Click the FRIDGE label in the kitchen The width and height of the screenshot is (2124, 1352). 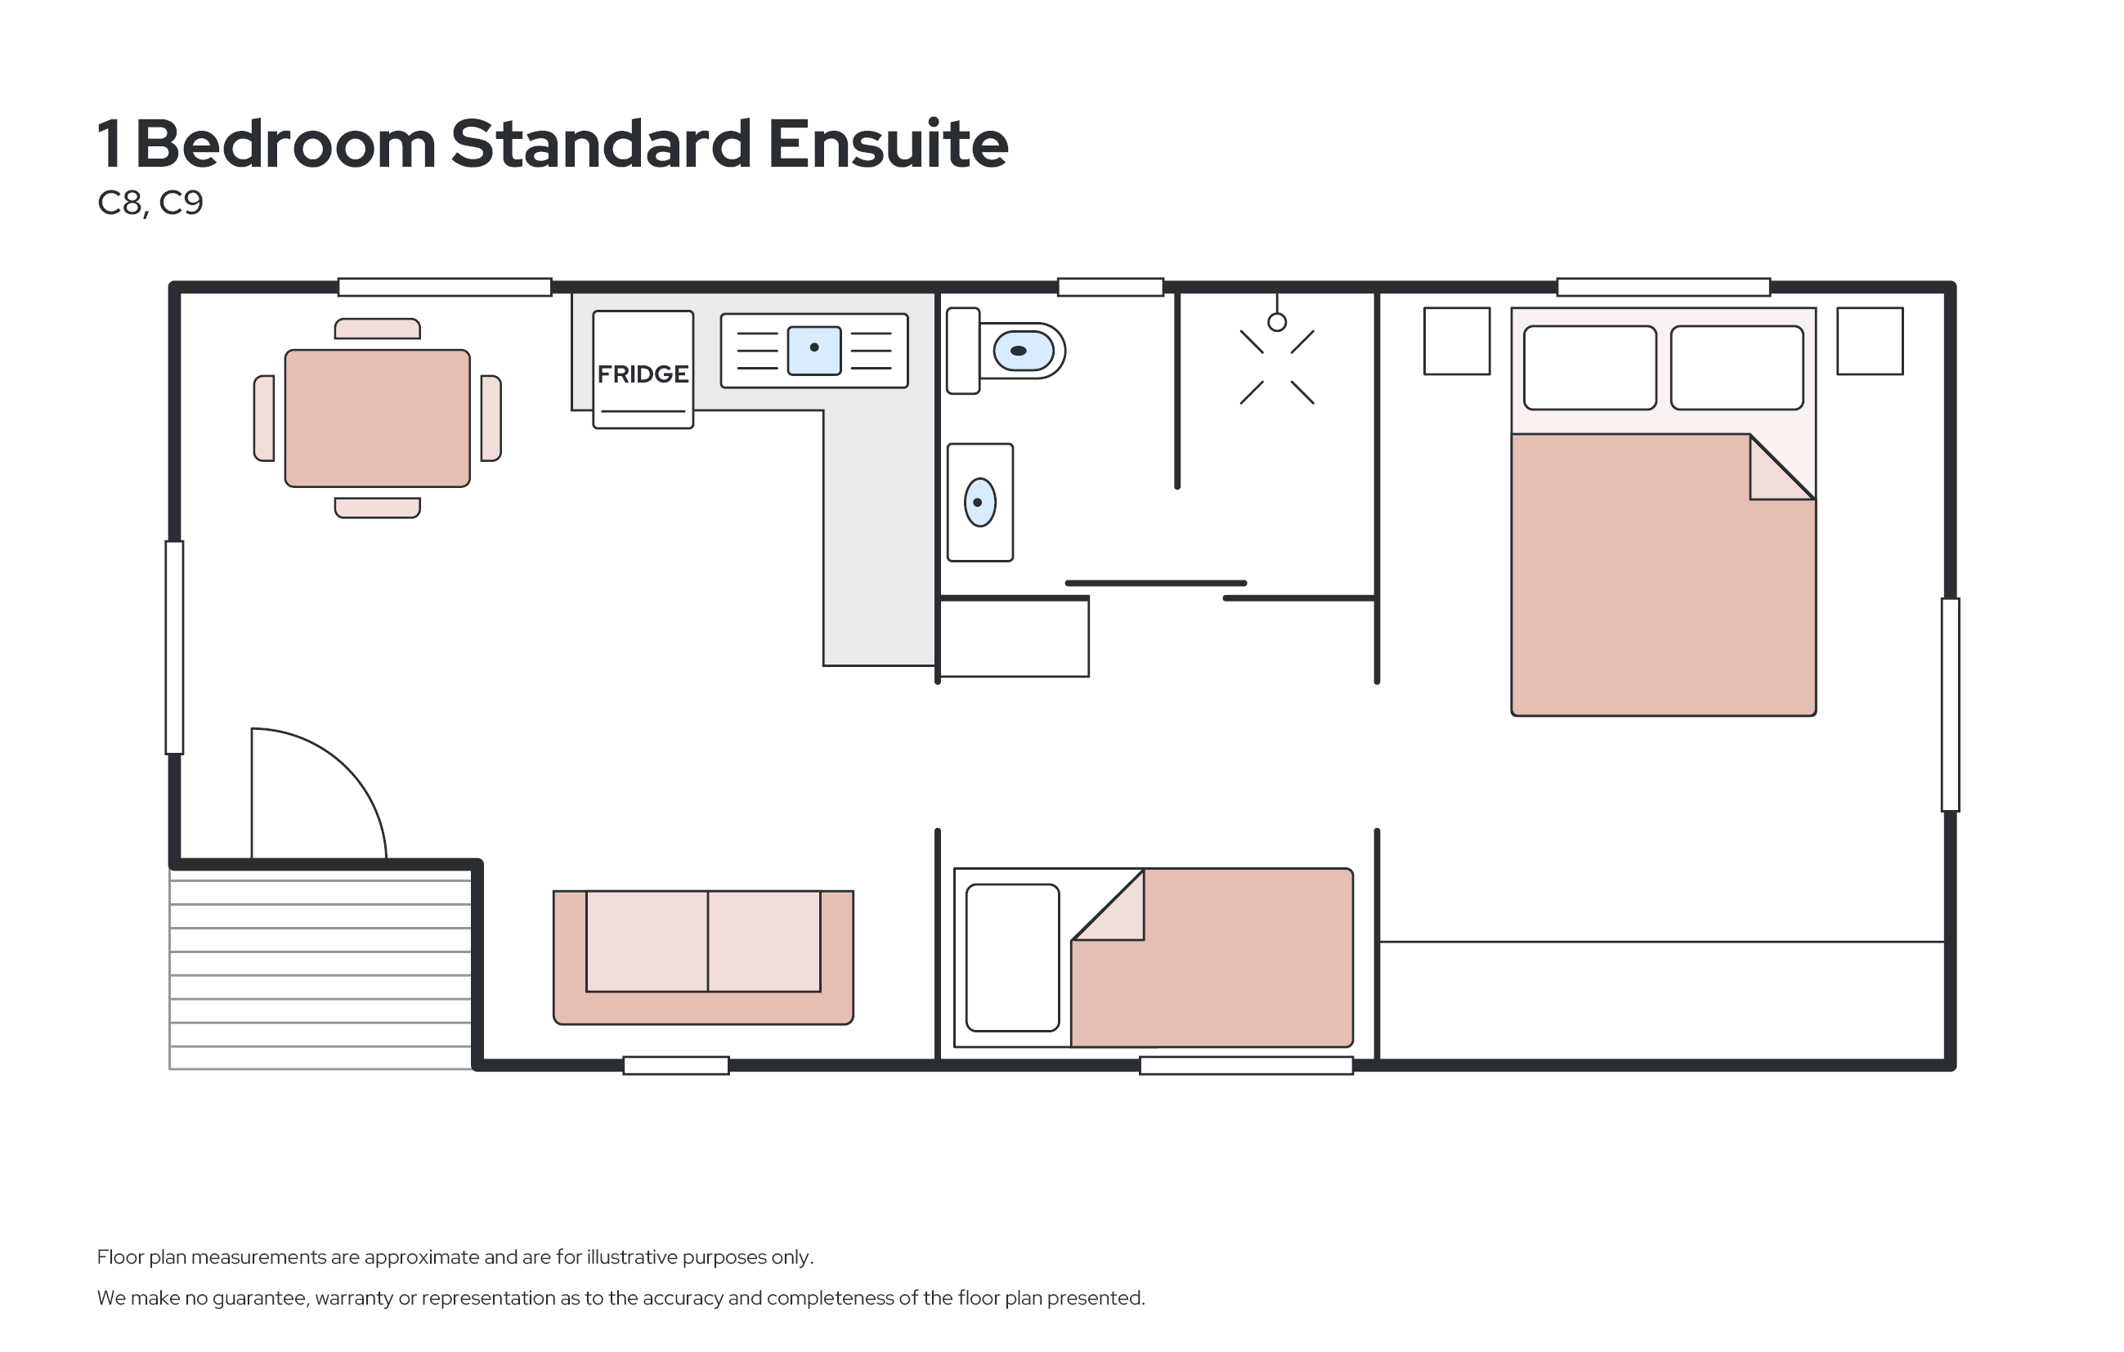pos(643,374)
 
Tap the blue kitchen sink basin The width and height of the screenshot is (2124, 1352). pos(814,350)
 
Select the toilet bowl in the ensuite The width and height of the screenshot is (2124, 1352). pos(1024,351)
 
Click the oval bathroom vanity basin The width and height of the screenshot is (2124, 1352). pos(980,503)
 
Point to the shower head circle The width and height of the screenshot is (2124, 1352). pos(1277,323)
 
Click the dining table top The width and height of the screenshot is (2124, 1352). pos(378,418)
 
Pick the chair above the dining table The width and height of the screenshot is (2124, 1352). pos(378,329)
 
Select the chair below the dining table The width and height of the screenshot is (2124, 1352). pos(378,508)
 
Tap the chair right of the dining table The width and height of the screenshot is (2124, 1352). pos(491,418)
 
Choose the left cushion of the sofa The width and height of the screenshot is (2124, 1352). pos(647,941)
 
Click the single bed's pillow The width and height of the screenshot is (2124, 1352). pos(1013,958)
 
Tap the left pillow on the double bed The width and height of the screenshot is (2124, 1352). pos(1590,368)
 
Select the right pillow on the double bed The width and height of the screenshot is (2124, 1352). pos(1736,368)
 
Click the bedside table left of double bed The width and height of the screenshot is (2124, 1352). pos(1457,342)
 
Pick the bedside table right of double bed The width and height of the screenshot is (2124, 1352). pos(1870,342)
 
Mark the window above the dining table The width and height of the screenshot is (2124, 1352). pos(445,287)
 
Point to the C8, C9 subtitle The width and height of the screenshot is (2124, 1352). pos(150,204)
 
